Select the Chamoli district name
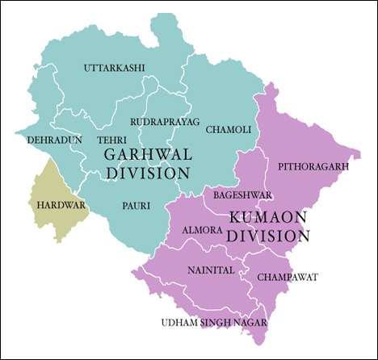(229, 129)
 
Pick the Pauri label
(136, 206)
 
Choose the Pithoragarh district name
(313, 166)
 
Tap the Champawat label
(288, 277)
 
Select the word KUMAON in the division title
(266, 217)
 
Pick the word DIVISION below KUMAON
(268, 236)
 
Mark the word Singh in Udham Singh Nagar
(214, 324)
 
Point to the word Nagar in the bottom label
(249, 324)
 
